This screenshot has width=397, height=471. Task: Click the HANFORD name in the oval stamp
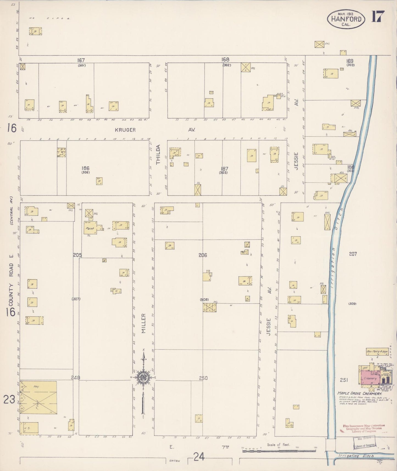click(346, 19)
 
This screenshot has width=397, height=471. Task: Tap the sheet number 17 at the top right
click(378, 16)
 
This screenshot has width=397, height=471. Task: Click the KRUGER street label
click(125, 130)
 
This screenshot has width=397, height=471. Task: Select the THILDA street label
click(158, 155)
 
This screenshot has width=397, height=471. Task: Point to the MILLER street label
click(144, 323)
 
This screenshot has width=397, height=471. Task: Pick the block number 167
click(81, 60)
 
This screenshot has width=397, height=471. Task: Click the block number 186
click(85, 168)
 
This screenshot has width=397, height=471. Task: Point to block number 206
click(203, 255)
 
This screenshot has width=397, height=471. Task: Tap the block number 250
click(203, 378)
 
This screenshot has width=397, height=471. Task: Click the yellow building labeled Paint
click(90, 228)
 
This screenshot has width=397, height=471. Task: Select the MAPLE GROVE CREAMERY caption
click(356, 394)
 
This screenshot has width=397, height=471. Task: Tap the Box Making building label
click(377, 351)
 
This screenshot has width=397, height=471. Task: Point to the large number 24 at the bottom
click(199, 457)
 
